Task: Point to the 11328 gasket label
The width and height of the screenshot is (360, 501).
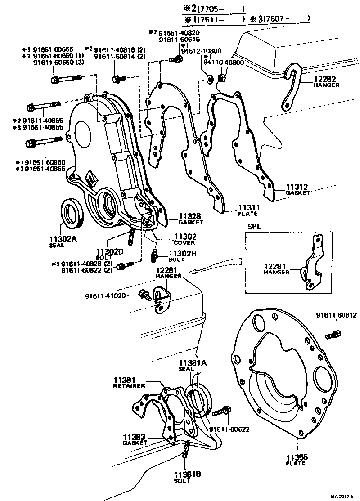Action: coord(190,216)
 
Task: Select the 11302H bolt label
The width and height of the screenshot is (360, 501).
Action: coord(182,254)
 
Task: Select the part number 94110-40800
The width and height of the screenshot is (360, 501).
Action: coord(224,63)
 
